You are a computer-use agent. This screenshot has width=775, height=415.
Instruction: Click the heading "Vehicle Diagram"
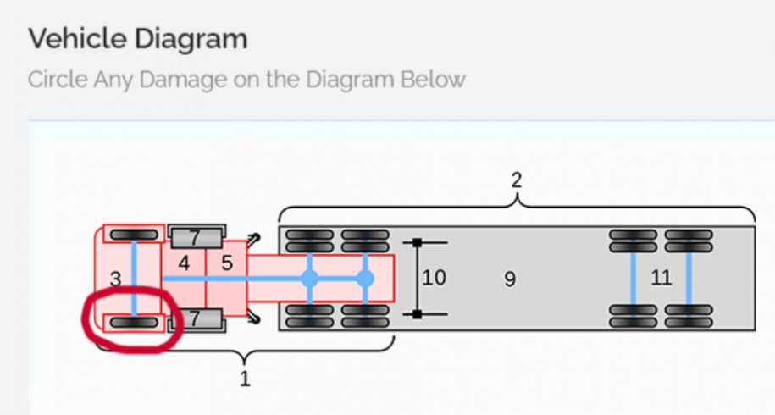137,38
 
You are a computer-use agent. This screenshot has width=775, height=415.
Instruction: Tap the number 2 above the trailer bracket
517,180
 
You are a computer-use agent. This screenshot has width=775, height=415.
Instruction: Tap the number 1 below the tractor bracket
245,379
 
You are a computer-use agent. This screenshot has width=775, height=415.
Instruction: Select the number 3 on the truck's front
116,278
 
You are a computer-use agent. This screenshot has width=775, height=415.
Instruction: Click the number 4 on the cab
184,263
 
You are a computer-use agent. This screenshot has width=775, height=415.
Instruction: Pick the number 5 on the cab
227,263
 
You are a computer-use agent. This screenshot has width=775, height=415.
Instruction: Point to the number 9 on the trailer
510,279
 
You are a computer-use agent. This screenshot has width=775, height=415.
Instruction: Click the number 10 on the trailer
434,277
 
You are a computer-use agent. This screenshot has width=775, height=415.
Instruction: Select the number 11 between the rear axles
661,277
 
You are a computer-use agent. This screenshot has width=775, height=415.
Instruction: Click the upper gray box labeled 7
196,236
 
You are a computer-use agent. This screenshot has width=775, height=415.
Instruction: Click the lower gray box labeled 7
196,319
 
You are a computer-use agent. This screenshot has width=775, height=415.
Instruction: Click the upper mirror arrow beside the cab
253,239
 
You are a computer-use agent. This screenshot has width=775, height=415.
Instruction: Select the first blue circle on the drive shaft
310,278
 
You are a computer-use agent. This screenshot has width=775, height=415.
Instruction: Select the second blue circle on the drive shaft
365,278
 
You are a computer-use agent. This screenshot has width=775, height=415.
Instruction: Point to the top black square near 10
418,243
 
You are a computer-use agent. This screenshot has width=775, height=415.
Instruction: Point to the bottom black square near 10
418,314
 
